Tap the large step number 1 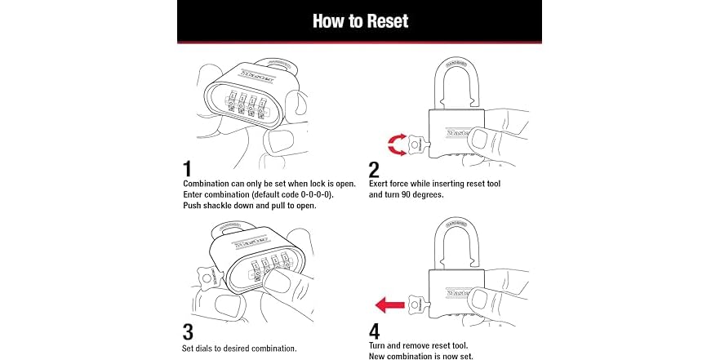click(x=187, y=169)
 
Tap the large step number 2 click(x=374, y=169)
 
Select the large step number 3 click(x=187, y=332)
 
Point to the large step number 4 click(x=375, y=332)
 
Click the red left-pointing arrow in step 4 click(x=389, y=305)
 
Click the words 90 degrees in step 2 click(x=424, y=195)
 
